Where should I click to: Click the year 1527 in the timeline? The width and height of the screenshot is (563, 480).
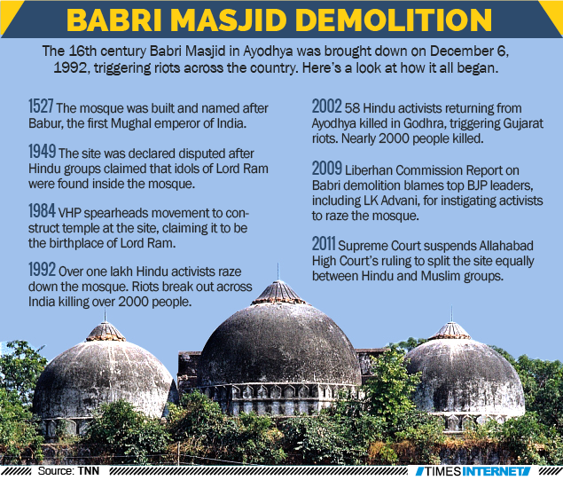tap(43, 107)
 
